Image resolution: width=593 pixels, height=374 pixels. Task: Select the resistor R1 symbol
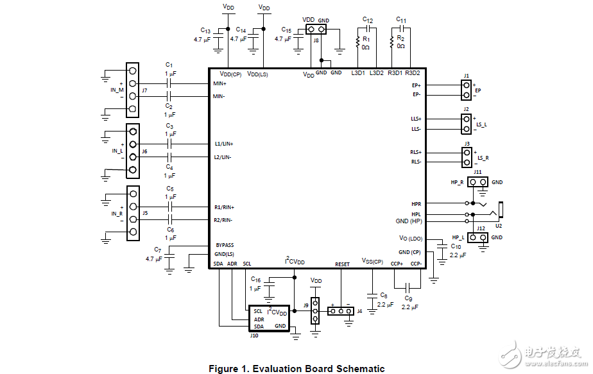(x=357, y=43)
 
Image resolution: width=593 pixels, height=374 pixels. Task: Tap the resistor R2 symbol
(x=391, y=42)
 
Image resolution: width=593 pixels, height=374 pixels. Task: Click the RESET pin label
(x=342, y=264)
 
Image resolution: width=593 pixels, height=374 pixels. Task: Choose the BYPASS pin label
(x=225, y=245)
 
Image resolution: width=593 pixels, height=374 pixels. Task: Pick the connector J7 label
(x=145, y=90)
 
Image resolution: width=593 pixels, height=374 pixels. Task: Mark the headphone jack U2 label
(x=498, y=226)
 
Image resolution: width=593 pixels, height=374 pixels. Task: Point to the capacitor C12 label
(x=368, y=20)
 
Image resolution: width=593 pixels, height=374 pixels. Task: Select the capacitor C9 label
(x=409, y=298)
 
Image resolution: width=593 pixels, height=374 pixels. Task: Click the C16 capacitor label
(x=255, y=280)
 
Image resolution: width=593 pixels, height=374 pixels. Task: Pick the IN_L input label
(x=117, y=151)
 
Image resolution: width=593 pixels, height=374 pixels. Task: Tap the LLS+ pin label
(x=416, y=119)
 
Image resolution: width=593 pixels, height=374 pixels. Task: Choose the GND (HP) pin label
(x=409, y=221)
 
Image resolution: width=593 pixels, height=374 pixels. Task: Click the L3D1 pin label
(x=358, y=72)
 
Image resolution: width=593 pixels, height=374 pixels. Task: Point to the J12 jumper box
(x=477, y=237)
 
